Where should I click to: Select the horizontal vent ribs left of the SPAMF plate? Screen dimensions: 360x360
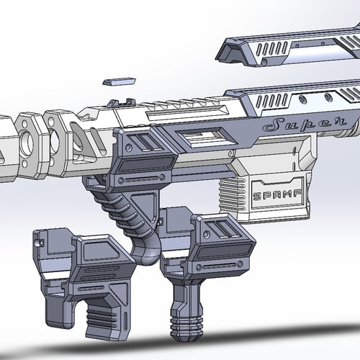[x=230, y=194]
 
